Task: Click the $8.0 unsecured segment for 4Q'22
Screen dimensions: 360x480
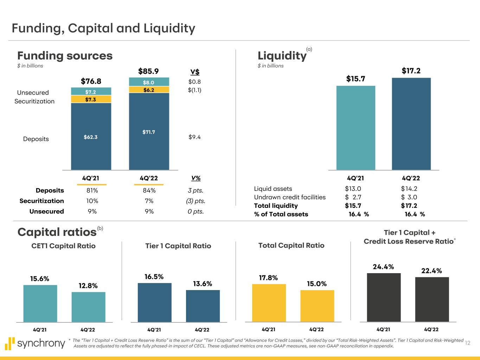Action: coord(149,82)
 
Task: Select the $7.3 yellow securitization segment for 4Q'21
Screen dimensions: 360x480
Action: coord(91,99)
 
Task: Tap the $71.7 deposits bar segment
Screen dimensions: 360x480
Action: coord(149,132)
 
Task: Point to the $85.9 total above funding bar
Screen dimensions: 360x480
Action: coord(148,71)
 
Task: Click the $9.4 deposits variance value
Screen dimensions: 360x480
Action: coord(194,137)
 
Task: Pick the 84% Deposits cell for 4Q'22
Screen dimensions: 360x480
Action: coord(149,191)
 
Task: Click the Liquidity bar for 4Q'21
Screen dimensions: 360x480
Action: coord(356,128)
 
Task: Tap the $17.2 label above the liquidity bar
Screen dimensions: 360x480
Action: coord(411,71)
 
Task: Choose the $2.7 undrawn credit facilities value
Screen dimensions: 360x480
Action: coord(353,197)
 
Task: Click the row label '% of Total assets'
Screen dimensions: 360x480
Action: coord(281,214)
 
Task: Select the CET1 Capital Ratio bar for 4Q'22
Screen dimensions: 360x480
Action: coord(88,307)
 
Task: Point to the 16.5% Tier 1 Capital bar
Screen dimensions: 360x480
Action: coord(154,302)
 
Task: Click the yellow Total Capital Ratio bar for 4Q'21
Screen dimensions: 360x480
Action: coord(269,303)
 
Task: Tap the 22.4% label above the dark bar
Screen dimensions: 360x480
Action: coord(431,271)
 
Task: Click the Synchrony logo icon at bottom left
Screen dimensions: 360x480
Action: coord(11,343)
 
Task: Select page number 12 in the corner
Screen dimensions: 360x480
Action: coord(467,343)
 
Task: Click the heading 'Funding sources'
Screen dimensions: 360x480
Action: coord(65,56)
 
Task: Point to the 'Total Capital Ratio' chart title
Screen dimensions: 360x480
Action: coord(291,245)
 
